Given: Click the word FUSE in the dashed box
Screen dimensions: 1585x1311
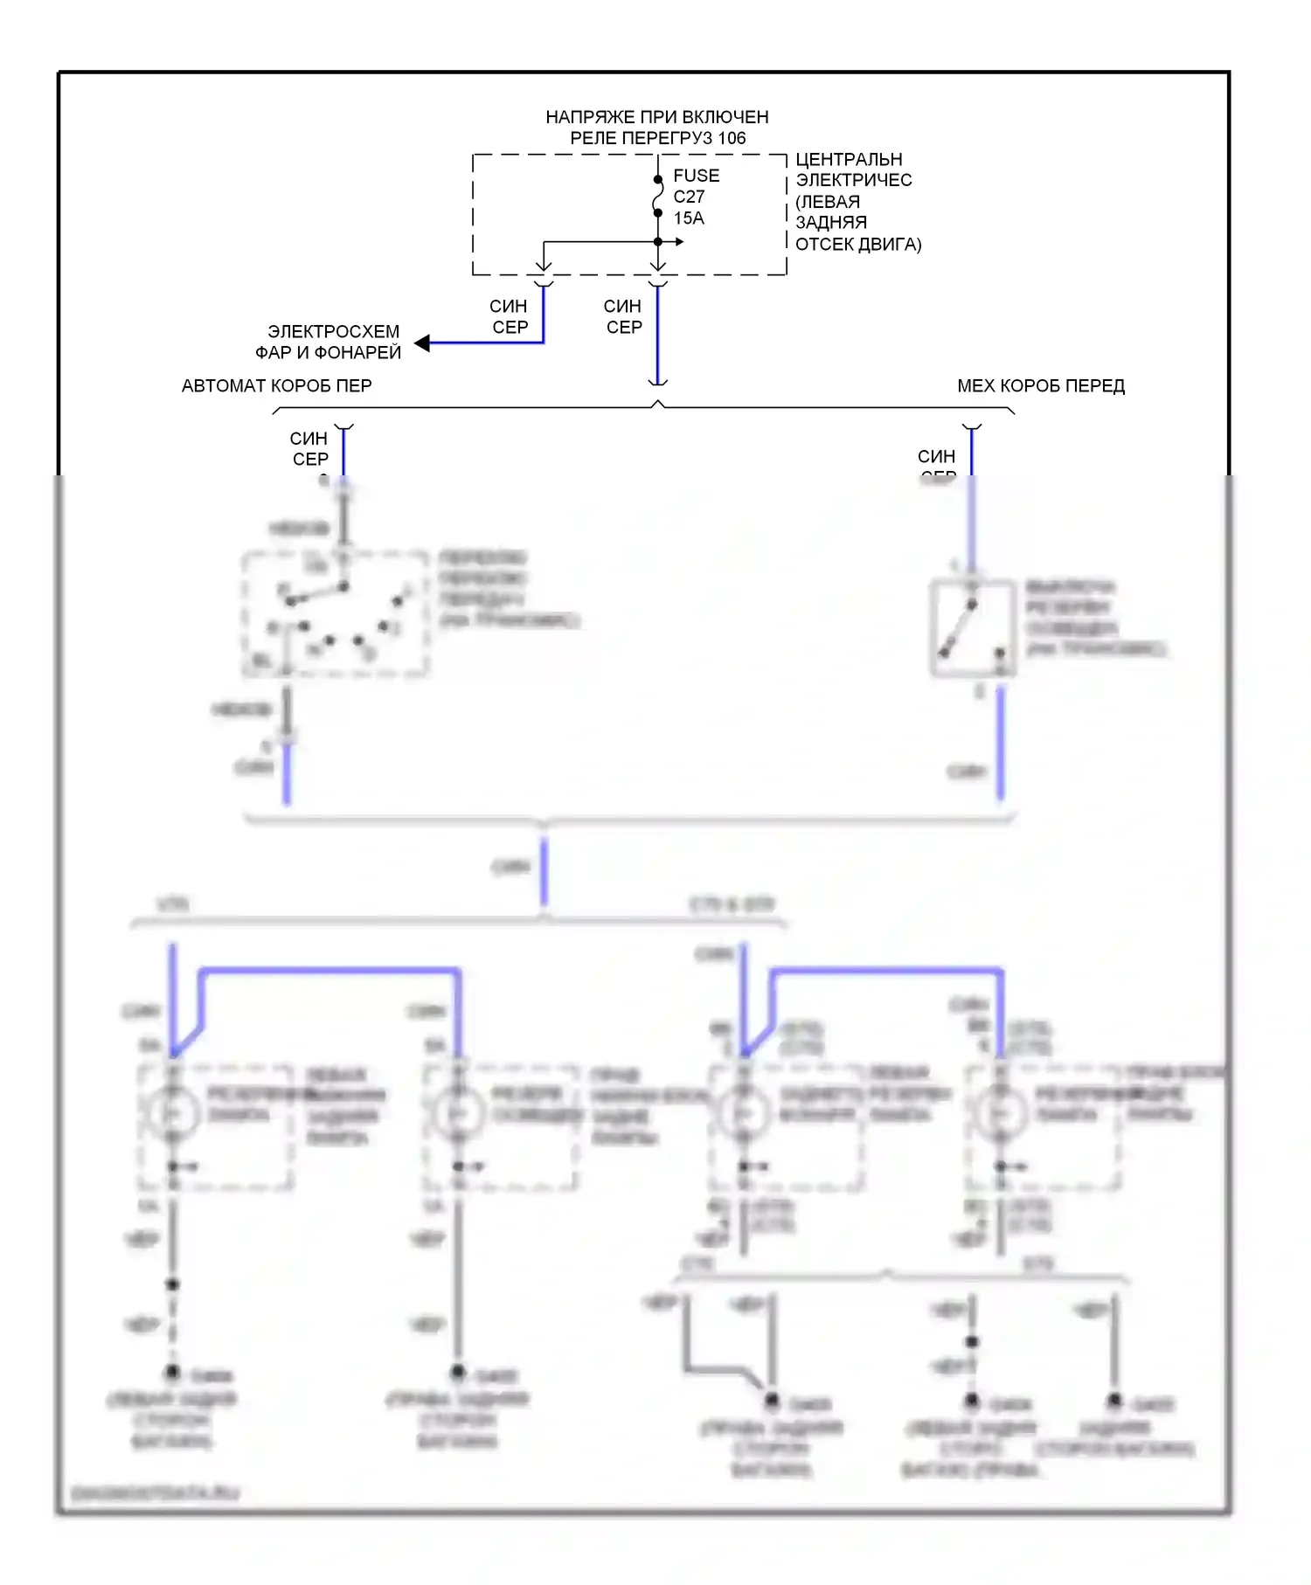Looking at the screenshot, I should (696, 176).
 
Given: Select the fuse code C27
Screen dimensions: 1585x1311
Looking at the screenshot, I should (689, 197).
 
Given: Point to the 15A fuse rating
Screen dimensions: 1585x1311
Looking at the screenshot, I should (689, 218).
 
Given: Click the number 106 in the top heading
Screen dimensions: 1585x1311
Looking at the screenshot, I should (732, 138).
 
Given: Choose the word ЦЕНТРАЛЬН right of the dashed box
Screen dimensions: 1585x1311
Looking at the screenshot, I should (849, 160).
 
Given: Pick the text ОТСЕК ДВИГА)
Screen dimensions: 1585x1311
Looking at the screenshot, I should (858, 244).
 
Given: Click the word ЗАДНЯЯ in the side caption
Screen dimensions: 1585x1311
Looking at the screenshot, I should (831, 223).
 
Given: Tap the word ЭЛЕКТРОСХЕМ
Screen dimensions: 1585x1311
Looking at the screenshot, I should (333, 332).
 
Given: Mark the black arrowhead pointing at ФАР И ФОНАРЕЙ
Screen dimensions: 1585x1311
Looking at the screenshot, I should (423, 343).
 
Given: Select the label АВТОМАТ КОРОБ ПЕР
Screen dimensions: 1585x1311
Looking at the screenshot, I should (276, 385).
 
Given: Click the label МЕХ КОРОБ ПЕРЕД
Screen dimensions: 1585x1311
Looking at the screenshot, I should (1041, 385).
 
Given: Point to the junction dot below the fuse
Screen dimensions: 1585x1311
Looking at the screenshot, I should (658, 242).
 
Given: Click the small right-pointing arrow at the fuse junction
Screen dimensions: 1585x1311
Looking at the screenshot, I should (678, 242).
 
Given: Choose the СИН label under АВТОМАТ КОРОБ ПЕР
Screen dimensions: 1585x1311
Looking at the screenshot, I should (309, 439).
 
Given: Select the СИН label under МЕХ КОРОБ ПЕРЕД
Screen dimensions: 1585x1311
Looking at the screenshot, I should (936, 456).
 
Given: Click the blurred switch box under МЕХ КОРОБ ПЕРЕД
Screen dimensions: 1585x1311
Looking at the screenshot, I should (973, 627).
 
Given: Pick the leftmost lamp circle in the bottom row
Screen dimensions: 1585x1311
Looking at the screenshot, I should (172, 1112).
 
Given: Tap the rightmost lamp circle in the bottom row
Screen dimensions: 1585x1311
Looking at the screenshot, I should (1001, 1112).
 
